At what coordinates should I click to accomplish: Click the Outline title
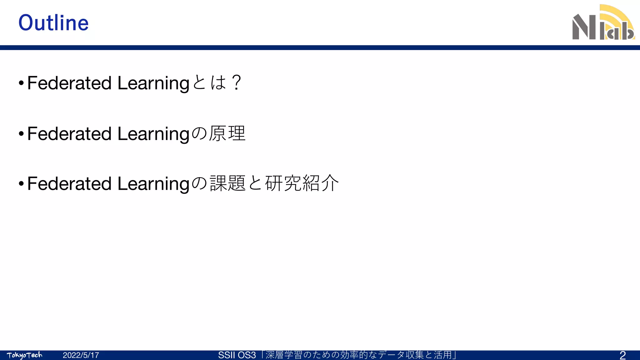pyautogui.click(x=53, y=23)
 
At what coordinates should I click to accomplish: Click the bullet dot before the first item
pyautogui.click(x=21, y=83)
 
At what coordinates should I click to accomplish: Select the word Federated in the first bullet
pyautogui.click(x=69, y=83)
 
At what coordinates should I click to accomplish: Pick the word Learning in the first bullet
pyautogui.click(x=153, y=84)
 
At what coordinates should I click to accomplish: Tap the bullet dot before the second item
pyautogui.click(x=21, y=134)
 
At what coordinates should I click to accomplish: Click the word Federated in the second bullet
pyautogui.click(x=69, y=134)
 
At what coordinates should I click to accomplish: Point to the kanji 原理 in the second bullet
pyautogui.click(x=227, y=134)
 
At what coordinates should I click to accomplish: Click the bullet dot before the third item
pyautogui.click(x=21, y=184)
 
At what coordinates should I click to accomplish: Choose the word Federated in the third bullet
pyautogui.click(x=69, y=183)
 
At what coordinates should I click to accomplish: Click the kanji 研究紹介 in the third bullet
pyautogui.click(x=302, y=183)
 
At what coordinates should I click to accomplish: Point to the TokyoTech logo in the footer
pyautogui.click(x=24, y=355)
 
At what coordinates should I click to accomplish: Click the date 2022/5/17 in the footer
pyautogui.click(x=81, y=355)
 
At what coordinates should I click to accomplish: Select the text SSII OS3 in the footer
pyautogui.click(x=237, y=355)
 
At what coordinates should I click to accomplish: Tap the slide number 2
pyautogui.click(x=622, y=355)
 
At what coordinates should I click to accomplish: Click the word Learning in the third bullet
pyautogui.click(x=153, y=184)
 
